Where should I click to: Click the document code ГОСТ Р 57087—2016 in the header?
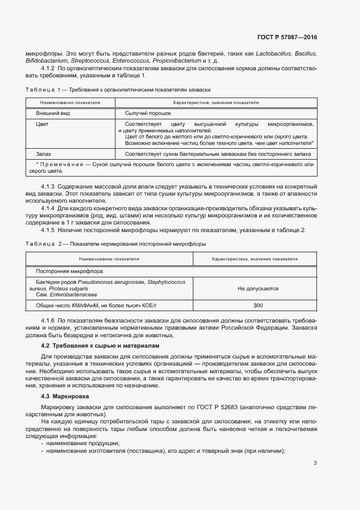pos(286,37)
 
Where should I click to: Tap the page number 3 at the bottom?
pos(315,464)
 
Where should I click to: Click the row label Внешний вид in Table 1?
pos(53,113)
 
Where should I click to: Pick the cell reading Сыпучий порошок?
pos(148,113)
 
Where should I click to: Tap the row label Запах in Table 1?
pos(44,154)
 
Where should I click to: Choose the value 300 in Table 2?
pos(258,305)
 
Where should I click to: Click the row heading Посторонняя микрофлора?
pos(70,271)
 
